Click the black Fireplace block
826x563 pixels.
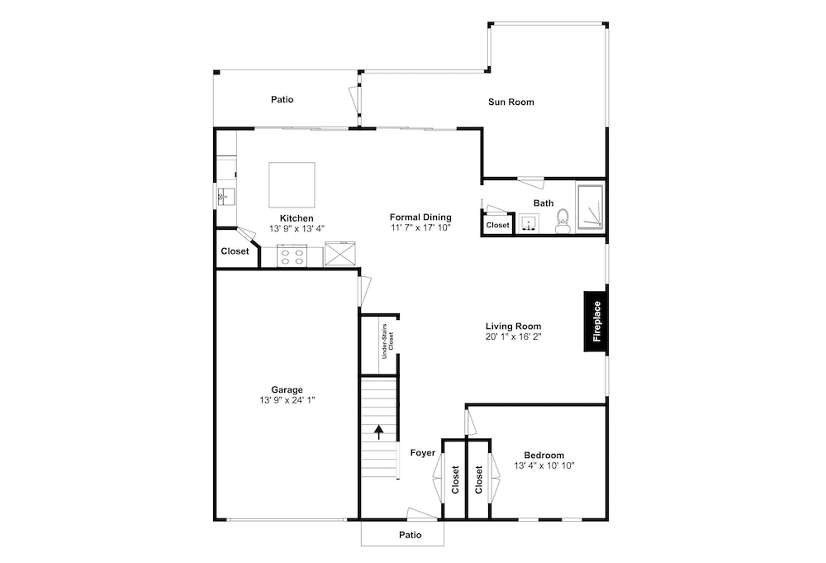pos(596,321)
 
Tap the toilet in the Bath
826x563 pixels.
pos(563,222)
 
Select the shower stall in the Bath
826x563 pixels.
pos(590,207)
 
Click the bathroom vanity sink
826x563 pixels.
pos(528,223)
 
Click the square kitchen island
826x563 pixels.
pos(292,185)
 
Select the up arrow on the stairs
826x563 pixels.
pos(379,432)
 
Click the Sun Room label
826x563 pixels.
pos(511,103)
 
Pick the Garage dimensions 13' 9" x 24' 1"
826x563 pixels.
pos(287,400)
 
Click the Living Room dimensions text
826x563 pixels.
pos(514,336)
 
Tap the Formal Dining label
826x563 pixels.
pos(420,217)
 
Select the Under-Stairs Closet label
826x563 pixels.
pos(387,341)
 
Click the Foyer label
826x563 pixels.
pos(423,453)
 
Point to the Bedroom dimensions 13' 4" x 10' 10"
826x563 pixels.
pos(544,465)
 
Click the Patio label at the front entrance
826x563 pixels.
pos(411,535)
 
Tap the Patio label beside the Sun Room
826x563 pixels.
pos(282,100)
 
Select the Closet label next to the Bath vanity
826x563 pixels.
pos(498,225)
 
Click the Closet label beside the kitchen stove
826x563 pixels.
pos(235,251)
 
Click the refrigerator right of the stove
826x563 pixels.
pos(339,253)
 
